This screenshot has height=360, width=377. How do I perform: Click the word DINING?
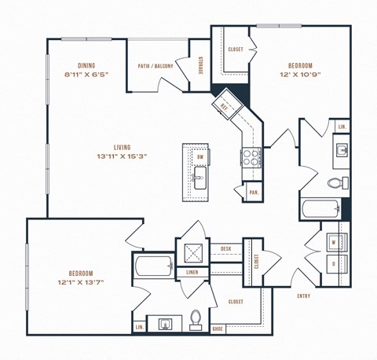[86, 66]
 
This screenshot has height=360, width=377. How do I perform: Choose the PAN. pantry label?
[254, 192]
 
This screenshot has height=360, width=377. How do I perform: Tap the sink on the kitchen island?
[199, 184]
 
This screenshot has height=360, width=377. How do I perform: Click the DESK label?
[226, 248]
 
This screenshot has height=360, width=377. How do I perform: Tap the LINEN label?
[192, 272]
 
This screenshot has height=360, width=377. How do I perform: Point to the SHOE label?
[218, 329]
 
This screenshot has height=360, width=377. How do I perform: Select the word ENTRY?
[304, 296]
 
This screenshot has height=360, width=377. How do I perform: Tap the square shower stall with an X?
[193, 253]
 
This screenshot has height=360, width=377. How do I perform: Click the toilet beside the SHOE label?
[196, 319]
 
